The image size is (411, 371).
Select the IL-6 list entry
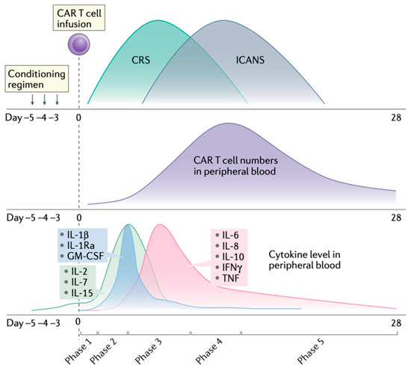coord(230,234)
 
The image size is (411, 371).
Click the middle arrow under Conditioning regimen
coord(46,96)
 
